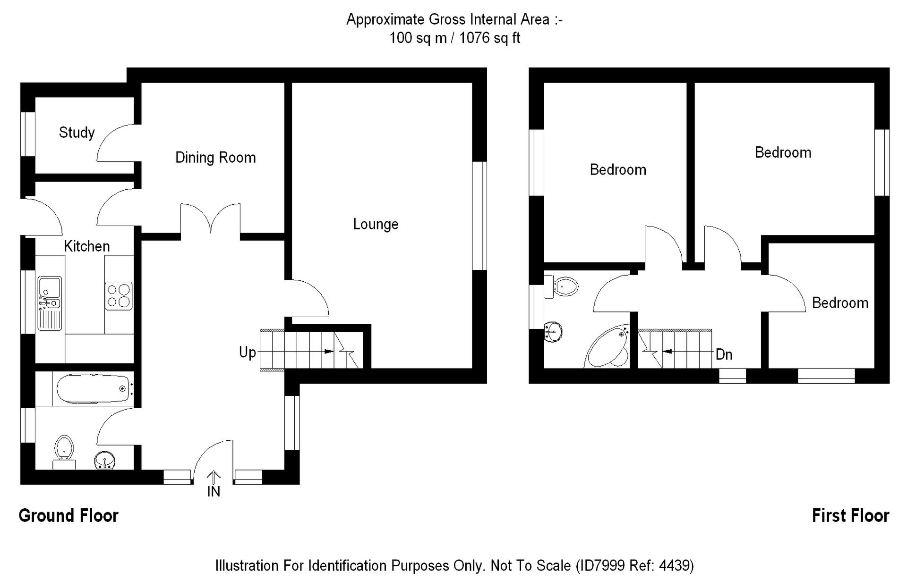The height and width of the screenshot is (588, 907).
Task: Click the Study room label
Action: [77, 133]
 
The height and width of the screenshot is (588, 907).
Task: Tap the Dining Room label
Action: [215, 158]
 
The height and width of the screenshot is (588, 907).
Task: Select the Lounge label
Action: [376, 224]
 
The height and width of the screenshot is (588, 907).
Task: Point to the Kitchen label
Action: [86, 246]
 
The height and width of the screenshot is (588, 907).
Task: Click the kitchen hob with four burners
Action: [119, 296]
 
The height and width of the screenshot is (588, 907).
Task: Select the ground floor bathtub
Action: [93, 388]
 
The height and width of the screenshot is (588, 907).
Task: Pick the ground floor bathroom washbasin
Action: [104, 460]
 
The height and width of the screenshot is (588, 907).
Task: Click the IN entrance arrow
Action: [214, 478]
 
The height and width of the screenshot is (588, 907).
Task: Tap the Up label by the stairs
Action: [247, 353]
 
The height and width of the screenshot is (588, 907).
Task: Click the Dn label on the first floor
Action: [724, 355]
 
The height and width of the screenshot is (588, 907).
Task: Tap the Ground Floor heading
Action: [68, 516]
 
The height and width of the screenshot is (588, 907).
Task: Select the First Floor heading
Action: [850, 516]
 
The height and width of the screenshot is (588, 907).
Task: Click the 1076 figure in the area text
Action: [474, 38]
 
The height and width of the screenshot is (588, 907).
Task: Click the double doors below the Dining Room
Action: [210, 219]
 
